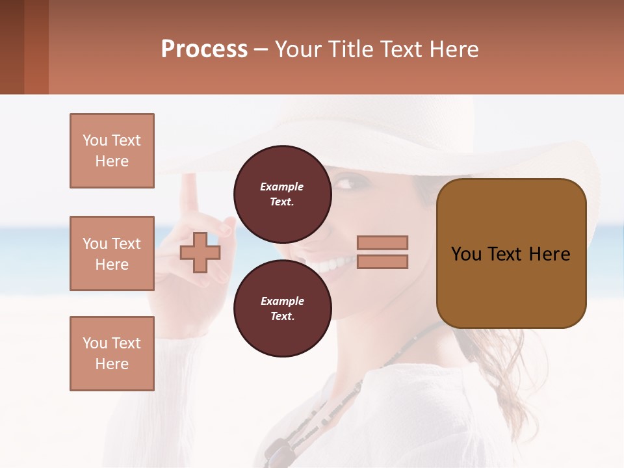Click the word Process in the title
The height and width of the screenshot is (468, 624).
pos(204,49)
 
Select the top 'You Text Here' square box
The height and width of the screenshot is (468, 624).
pos(112,151)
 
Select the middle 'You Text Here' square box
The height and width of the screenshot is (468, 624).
pos(112,253)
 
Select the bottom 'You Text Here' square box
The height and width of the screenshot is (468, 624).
pos(112,354)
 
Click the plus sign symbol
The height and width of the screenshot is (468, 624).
pos(200,253)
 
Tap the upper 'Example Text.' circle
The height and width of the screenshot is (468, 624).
pos(282,194)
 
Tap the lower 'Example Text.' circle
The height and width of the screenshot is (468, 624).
pos(282,308)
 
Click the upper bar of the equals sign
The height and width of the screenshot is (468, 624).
pos(382,242)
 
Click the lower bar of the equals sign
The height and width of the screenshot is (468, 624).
pos(382,262)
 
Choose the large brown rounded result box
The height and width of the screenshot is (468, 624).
pos(511,253)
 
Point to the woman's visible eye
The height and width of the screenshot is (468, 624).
pos(345,183)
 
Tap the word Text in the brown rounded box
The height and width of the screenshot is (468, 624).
pos(511,254)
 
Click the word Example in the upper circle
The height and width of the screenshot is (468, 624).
pos(282,187)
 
